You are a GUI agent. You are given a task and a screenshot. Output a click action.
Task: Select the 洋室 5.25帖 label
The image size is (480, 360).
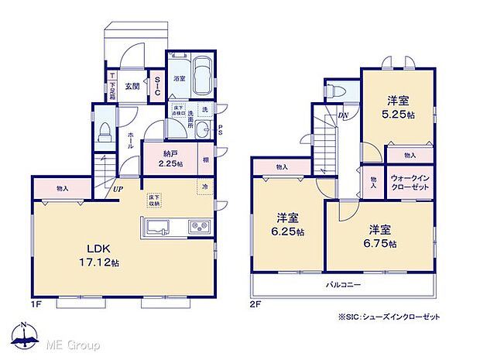(x=398, y=105)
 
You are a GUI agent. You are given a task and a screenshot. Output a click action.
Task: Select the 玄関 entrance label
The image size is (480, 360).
(x=132, y=86)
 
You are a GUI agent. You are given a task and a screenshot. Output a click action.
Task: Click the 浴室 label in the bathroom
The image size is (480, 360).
(x=179, y=78)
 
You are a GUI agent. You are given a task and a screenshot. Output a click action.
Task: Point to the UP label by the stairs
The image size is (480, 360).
(x=118, y=188)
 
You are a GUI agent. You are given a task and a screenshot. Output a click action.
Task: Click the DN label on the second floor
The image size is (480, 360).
(x=343, y=117)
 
